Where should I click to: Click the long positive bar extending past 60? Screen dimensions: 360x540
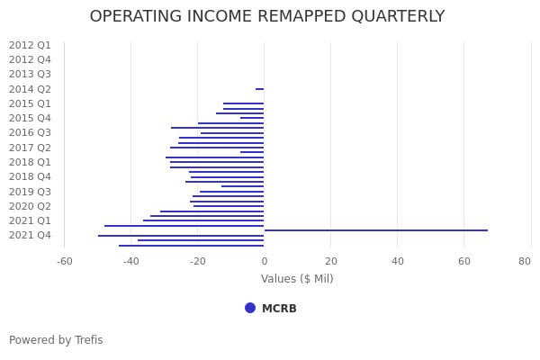coord(376,230)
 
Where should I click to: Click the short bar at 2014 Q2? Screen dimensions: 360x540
coord(259,89)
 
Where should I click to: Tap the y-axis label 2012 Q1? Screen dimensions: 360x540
coord(30,45)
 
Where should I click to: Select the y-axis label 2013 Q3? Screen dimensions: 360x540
coord(30,75)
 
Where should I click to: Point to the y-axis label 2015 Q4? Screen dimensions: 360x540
coord(30,118)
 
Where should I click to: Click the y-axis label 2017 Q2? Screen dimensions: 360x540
coord(30,148)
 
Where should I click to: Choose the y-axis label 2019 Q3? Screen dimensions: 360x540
coord(30,192)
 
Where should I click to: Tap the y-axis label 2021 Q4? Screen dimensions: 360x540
coord(30,236)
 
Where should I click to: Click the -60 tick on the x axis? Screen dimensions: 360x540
coord(65,261)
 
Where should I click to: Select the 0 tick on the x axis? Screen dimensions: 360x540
coord(264,261)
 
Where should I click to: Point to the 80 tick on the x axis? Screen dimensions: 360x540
coord(525,261)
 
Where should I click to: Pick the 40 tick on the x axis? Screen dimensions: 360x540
coord(397,261)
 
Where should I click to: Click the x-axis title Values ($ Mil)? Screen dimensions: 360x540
coord(297,279)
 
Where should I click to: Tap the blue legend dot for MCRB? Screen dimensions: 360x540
coord(250,308)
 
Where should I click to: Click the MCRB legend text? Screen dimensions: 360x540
coord(279,309)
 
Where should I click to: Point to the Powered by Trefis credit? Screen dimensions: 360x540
coord(56,340)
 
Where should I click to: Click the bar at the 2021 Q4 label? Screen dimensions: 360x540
coord(181,236)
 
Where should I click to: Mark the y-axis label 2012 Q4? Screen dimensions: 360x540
coord(30,59)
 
